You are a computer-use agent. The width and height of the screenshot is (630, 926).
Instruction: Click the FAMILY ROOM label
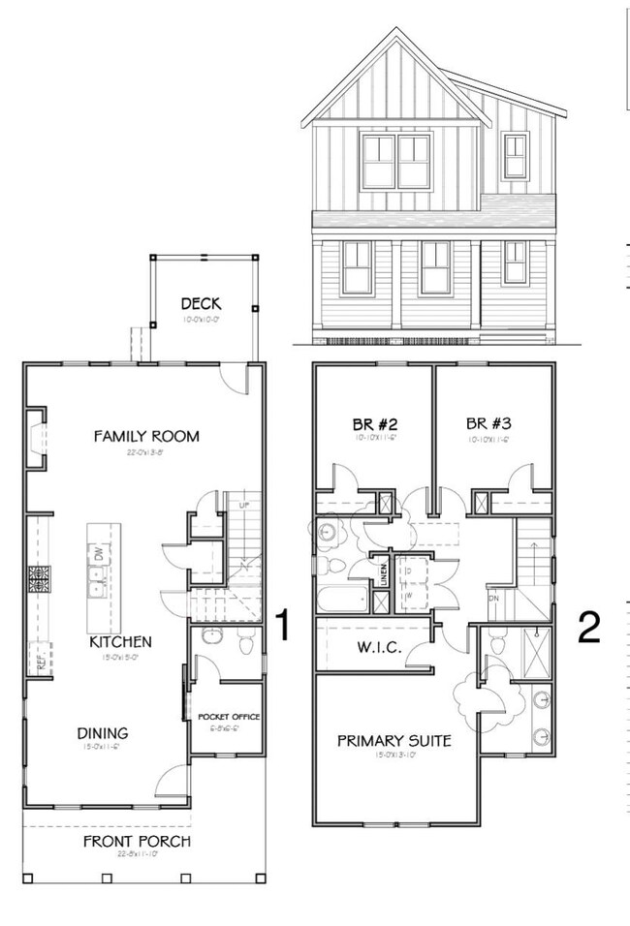[146, 436]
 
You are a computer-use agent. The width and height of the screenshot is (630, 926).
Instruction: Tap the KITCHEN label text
[121, 641]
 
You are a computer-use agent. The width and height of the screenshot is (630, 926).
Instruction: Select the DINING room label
[105, 733]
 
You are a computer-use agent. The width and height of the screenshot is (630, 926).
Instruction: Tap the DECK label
[203, 304]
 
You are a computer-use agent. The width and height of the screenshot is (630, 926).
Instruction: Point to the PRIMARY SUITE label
[394, 741]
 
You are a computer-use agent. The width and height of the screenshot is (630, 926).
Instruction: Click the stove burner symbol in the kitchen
[41, 580]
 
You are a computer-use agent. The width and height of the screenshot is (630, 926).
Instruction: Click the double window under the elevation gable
[396, 162]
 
